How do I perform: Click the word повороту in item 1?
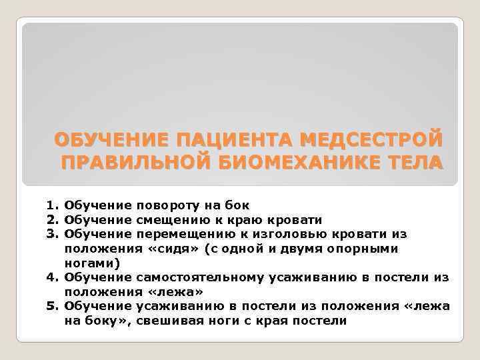click(x=164, y=206)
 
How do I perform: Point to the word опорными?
click(x=369, y=249)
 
